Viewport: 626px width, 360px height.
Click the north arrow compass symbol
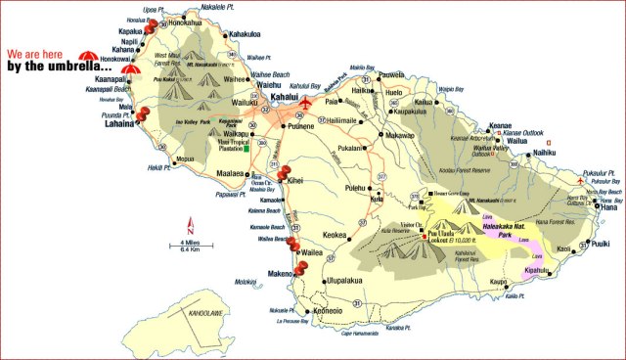[192, 221]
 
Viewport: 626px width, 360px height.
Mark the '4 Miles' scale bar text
[193, 242]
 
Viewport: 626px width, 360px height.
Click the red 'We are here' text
[40, 55]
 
